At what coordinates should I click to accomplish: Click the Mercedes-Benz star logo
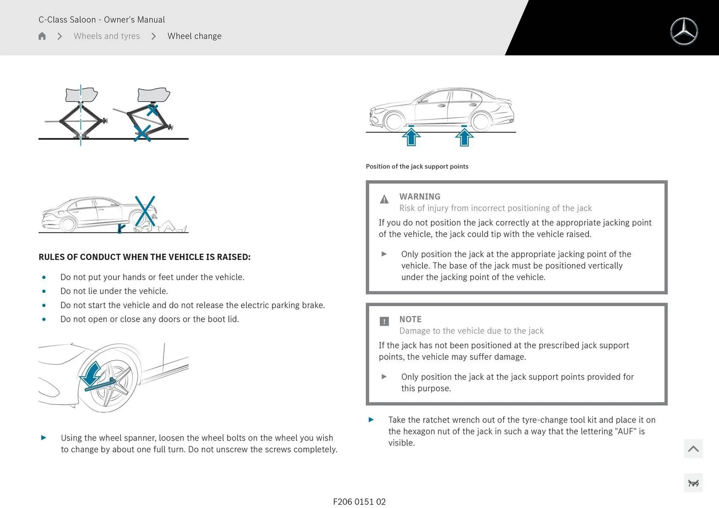click(684, 31)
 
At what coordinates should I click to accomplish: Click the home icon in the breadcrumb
click(42, 36)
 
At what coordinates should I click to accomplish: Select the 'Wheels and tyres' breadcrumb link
click(106, 36)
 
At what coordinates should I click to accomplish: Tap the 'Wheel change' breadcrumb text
click(194, 36)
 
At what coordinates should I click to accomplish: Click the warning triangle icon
click(384, 199)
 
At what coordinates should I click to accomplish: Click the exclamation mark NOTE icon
click(384, 321)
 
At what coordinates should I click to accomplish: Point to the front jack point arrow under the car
click(411, 136)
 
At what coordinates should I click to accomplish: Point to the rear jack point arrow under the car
click(464, 136)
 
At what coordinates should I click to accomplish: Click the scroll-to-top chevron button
click(693, 449)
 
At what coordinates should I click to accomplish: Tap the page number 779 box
click(693, 483)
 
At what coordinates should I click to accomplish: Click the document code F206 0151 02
click(359, 502)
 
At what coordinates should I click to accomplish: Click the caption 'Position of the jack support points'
click(417, 166)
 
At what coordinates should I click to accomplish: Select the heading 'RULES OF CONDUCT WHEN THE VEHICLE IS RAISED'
click(145, 257)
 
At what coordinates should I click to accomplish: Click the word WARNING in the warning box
click(419, 196)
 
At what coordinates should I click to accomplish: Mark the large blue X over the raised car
click(145, 211)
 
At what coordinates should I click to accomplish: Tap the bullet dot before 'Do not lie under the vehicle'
click(44, 291)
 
